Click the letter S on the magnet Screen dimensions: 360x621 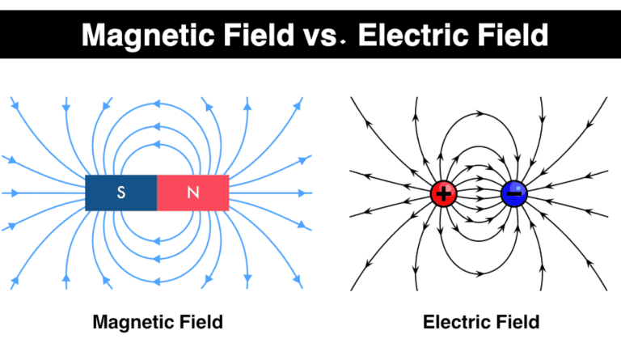pyautogui.click(x=121, y=193)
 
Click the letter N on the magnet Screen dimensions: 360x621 pyautogui.click(x=192, y=193)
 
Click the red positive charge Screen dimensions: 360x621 pyautogui.click(x=443, y=193)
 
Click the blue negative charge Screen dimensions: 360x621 pyautogui.click(x=513, y=193)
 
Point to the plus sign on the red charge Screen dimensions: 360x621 pyautogui.click(x=443, y=193)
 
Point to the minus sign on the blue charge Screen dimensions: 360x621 pyautogui.click(x=513, y=193)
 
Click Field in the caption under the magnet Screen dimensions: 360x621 pyautogui.click(x=200, y=323)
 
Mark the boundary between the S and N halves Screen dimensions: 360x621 pyautogui.click(x=157, y=193)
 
